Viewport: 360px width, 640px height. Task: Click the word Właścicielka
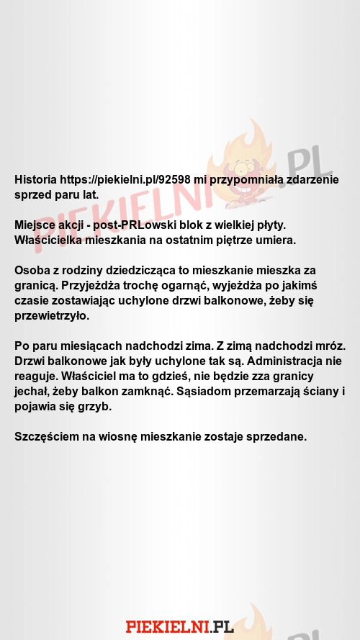coord(50,240)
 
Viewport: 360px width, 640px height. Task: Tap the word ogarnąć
coord(180,285)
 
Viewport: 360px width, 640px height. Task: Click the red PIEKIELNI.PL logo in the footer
coord(179,626)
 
